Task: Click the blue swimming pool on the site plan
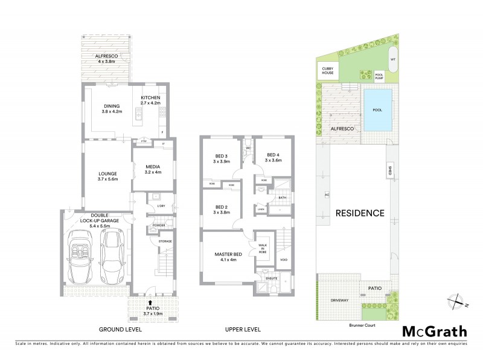pos(378,110)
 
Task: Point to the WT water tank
pos(392,59)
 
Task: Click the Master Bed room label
pos(228,257)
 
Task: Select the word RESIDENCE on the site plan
pos(360,213)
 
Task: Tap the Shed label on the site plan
pos(391,172)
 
